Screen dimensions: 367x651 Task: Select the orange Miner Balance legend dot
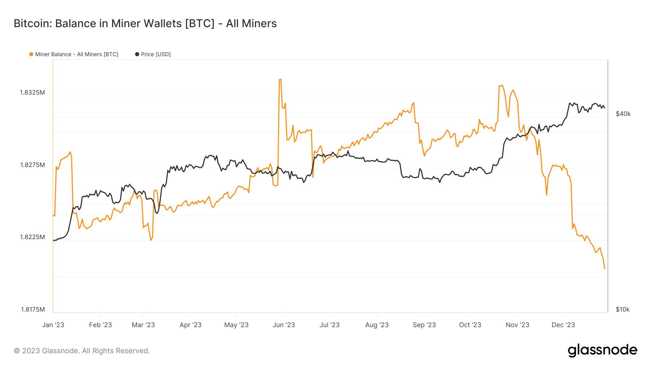coord(31,54)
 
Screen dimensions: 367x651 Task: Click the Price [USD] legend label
coord(156,54)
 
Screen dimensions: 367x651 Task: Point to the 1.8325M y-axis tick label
coord(33,92)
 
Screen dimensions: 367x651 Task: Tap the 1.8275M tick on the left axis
coord(33,165)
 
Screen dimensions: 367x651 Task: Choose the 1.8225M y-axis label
coord(33,237)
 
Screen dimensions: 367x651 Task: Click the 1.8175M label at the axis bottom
coord(33,309)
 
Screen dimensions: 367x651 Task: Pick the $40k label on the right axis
coord(623,114)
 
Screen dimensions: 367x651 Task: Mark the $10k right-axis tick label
coord(623,309)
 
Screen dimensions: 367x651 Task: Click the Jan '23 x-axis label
coord(53,325)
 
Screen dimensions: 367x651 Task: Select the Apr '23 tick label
coord(191,325)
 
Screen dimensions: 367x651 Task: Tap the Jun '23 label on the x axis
coord(284,325)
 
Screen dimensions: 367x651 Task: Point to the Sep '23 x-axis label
coord(424,325)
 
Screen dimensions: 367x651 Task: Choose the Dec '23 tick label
coord(563,325)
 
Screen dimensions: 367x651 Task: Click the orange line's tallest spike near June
coord(280,79)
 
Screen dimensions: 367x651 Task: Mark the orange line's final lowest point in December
coord(604,268)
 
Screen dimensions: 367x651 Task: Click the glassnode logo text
coord(602,350)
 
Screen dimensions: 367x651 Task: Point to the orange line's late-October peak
coord(501,86)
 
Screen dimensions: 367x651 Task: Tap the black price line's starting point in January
coord(54,241)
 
